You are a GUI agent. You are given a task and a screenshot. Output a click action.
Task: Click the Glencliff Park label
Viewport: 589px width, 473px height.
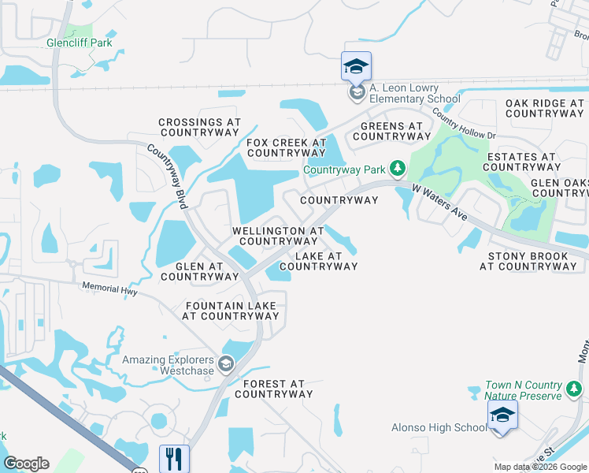pyautogui.click(x=79, y=43)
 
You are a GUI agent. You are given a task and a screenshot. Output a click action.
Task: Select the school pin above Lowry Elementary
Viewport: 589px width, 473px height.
pyautogui.click(x=356, y=65)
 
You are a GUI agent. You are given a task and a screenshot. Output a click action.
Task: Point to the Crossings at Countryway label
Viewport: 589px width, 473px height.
pyautogui.click(x=199, y=128)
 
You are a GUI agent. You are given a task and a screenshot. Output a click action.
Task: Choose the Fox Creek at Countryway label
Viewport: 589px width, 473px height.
pyautogui.click(x=286, y=147)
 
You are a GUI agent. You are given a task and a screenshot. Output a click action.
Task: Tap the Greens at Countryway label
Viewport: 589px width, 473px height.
pyautogui.click(x=392, y=131)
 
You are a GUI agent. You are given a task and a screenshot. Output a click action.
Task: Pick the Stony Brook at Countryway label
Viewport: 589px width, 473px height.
pyautogui.click(x=528, y=261)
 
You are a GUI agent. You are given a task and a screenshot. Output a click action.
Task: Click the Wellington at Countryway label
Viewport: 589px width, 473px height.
pyautogui.click(x=278, y=236)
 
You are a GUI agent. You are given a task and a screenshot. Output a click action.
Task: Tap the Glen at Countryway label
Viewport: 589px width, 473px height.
pyautogui.click(x=199, y=271)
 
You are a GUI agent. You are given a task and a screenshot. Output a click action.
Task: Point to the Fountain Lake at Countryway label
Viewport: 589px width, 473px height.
pyautogui.click(x=231, y=311)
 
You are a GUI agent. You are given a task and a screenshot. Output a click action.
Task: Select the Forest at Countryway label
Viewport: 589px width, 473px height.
pyautogui.click(x=273, y=389)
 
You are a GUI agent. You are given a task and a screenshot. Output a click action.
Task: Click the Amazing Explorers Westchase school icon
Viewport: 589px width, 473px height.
pyautogui.click(x=226, y=363)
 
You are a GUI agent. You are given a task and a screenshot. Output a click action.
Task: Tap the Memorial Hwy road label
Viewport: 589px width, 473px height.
pyautogui.click(x=110, y=291)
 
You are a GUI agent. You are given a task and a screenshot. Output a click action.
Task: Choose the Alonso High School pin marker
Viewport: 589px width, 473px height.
pyautogui.click(x=502, y=415)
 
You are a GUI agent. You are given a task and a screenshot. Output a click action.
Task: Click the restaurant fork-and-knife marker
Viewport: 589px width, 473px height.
pyautogui.click(x=173, y=458)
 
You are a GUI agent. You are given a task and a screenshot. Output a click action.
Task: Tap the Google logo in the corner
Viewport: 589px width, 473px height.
pyautogui.click(x=26, y=464)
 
